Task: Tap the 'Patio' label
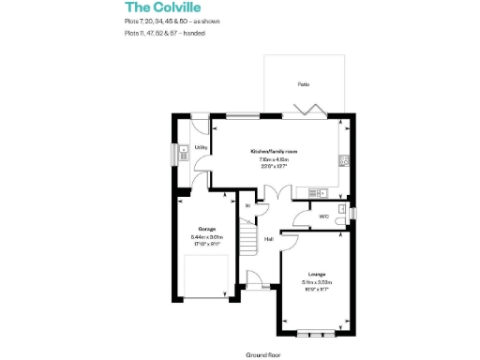(304, 84)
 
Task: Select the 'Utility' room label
(201, 147)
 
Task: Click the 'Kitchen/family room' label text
(273, 151)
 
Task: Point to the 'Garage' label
(206, 229)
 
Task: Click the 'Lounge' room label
(317, 274)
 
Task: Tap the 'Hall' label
(268, 239)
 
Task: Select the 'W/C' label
(322, 217)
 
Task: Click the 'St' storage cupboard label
(247, 204)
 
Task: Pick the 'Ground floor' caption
(264, 355)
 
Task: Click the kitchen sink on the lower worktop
(317, 193)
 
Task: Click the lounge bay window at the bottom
(317, 335)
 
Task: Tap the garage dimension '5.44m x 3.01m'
(206, 237)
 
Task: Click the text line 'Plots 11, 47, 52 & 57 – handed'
(164, 33)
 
